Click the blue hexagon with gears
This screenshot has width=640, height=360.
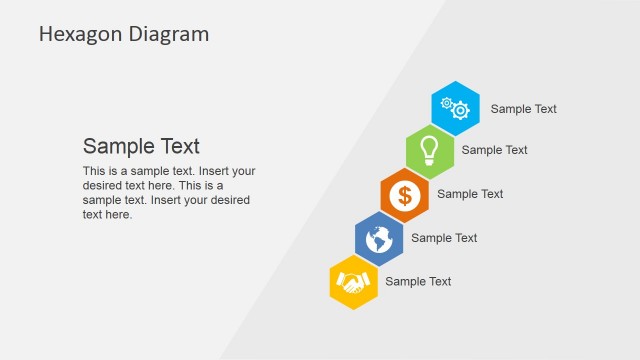456,107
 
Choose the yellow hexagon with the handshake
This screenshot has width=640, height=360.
353,283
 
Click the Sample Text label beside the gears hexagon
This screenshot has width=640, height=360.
523,109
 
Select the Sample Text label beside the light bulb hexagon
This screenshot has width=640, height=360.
494,150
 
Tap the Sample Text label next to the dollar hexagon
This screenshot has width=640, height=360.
470,194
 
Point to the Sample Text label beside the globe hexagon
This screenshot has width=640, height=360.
444,238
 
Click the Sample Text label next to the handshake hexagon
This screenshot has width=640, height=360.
418,282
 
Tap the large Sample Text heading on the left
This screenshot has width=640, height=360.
141,146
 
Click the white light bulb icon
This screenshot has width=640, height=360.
430,149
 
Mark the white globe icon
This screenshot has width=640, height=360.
379,239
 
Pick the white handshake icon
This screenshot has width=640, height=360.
353,283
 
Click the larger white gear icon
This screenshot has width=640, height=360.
461,110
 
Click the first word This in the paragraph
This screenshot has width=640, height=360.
94,171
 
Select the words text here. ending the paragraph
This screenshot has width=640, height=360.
107,214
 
